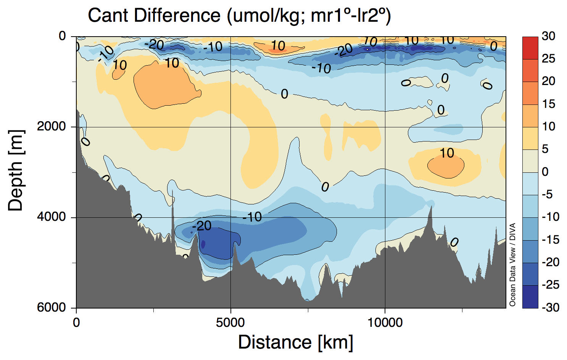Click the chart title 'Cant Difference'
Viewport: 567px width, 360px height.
pos(154,16)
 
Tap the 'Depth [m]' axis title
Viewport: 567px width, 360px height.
pos(16,170)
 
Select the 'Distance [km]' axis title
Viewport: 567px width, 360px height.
pos(295,342)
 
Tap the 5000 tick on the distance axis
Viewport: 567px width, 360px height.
pos(230,323)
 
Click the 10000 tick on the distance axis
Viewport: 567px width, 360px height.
pos(385,323)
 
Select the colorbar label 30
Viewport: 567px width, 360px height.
pos(548,36)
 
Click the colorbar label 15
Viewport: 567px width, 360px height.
pos(548,104)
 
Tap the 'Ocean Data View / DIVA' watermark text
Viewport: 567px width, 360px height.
pos(512,264)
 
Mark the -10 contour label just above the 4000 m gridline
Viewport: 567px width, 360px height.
pos(252,217)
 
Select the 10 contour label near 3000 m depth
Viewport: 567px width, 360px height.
pos(447,153)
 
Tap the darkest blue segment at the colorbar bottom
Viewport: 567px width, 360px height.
pos(530,296)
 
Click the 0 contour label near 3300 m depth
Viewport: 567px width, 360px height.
pos(325,187)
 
